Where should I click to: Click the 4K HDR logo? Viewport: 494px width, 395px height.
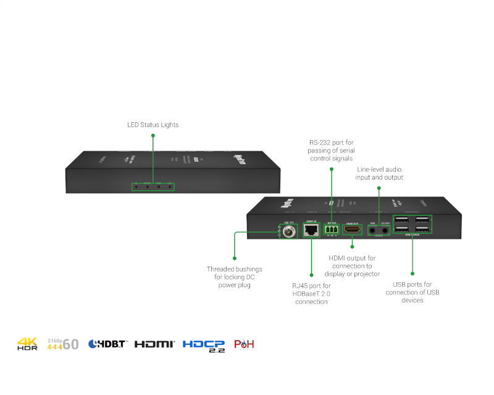(x=27, y=344)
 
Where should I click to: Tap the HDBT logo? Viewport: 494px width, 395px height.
(x=108, y=344)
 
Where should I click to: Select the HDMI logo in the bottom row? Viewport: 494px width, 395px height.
(x=155, y=344)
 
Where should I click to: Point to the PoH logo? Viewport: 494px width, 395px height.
(x=244, y=344)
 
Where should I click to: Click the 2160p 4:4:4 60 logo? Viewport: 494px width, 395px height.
(x=63, y=344)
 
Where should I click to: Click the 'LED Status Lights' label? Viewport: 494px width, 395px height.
(x=153, y=125)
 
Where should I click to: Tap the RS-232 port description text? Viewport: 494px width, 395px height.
(x=332, y=151)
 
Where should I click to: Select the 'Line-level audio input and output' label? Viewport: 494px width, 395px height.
(x=379, y=173)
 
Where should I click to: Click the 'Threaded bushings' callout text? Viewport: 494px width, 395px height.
(x=234, y=277)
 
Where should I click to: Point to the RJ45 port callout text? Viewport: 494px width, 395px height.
(x=311, y=293)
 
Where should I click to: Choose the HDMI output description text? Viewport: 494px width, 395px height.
(x=352, y=265)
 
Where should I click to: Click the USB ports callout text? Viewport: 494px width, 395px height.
(x=413, y=292)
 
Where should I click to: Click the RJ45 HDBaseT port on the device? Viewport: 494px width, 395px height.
(x=310, y=231)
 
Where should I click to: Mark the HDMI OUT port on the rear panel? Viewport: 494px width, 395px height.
(x=352, y=230)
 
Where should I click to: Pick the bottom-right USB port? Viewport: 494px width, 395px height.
(x=423, y=229)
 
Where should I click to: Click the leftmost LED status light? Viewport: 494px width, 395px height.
(x=136, y=186)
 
